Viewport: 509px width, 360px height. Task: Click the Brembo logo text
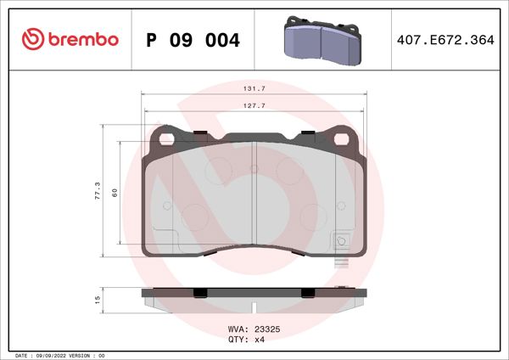(82, 39)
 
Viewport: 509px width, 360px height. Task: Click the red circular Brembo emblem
(31, 39)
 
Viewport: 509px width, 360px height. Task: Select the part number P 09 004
(193, 40)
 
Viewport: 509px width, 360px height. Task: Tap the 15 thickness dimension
(98, 300)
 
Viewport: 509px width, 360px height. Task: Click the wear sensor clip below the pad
(342, 263)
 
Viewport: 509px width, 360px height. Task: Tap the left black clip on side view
(201, 293)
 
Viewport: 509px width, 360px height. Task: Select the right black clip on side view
(309, 293)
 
